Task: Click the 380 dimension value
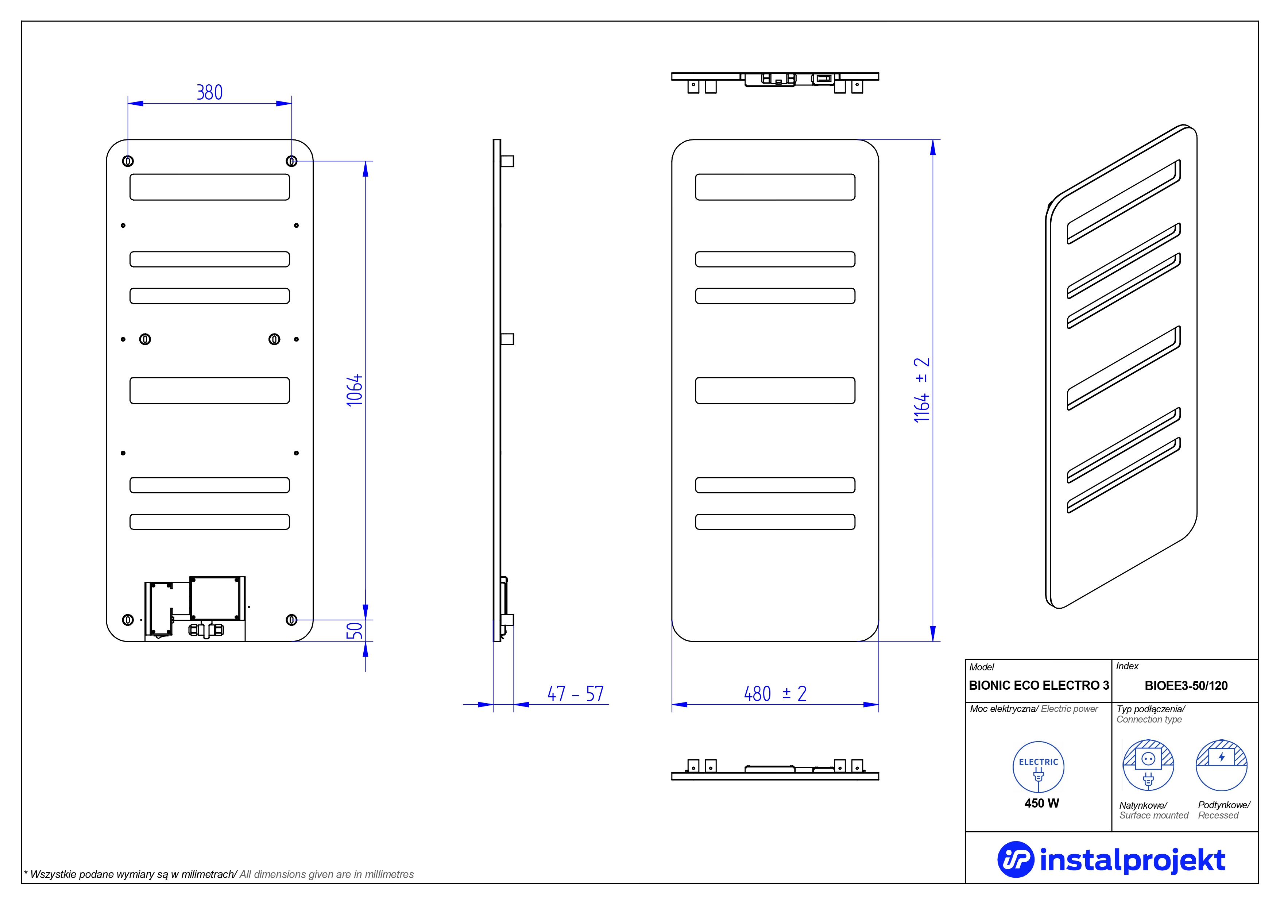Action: [x=210, y=92]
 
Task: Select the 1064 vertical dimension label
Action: [x=355, y=390]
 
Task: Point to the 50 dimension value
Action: [x=355, y=631]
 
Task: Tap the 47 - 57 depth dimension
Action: [x=575, y=694]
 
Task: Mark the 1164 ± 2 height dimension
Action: [x=921, y=390]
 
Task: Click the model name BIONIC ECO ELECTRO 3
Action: [x=1039, y=685]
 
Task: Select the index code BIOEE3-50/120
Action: [x=1186, y=686]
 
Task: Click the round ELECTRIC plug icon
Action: [x=1038, y=767]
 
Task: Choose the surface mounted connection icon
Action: [x=1148, y=765]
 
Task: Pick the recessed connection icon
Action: [x=1222, y=765]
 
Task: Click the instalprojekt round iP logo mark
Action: [x=1015, y=859]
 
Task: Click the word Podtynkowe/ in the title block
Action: [x=1224, y=805]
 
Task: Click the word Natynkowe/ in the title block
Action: [x=1143, y=805]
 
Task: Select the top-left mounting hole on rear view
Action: [x=128, y=161]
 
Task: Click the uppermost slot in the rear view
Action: [x=210, y=187]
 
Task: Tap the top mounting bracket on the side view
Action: [x=507, y=161]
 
